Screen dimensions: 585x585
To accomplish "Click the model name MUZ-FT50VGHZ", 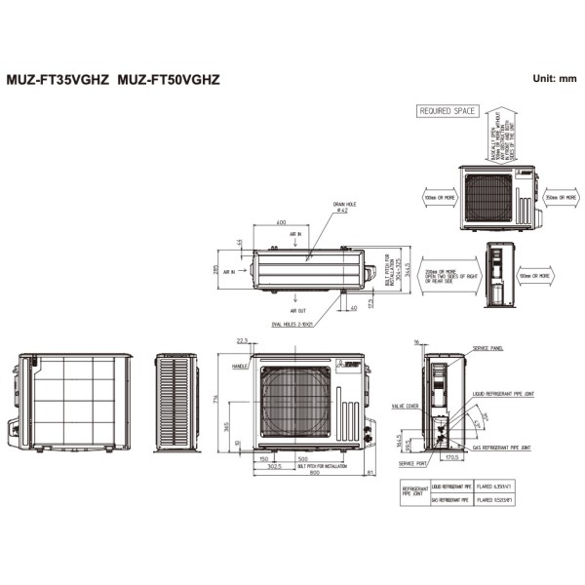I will tap(169, 79).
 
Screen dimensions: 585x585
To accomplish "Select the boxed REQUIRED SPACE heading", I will tap(447, 111).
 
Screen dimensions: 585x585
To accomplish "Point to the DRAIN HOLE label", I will tap(347, 206).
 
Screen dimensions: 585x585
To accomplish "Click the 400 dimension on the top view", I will tap(281, 223).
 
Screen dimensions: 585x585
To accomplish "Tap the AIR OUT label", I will tap(297, 310).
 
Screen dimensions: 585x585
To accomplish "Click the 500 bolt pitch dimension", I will tap(302, 457).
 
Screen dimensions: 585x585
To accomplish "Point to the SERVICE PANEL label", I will tap(487, 348).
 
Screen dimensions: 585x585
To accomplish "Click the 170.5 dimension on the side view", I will tap(451, 457).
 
